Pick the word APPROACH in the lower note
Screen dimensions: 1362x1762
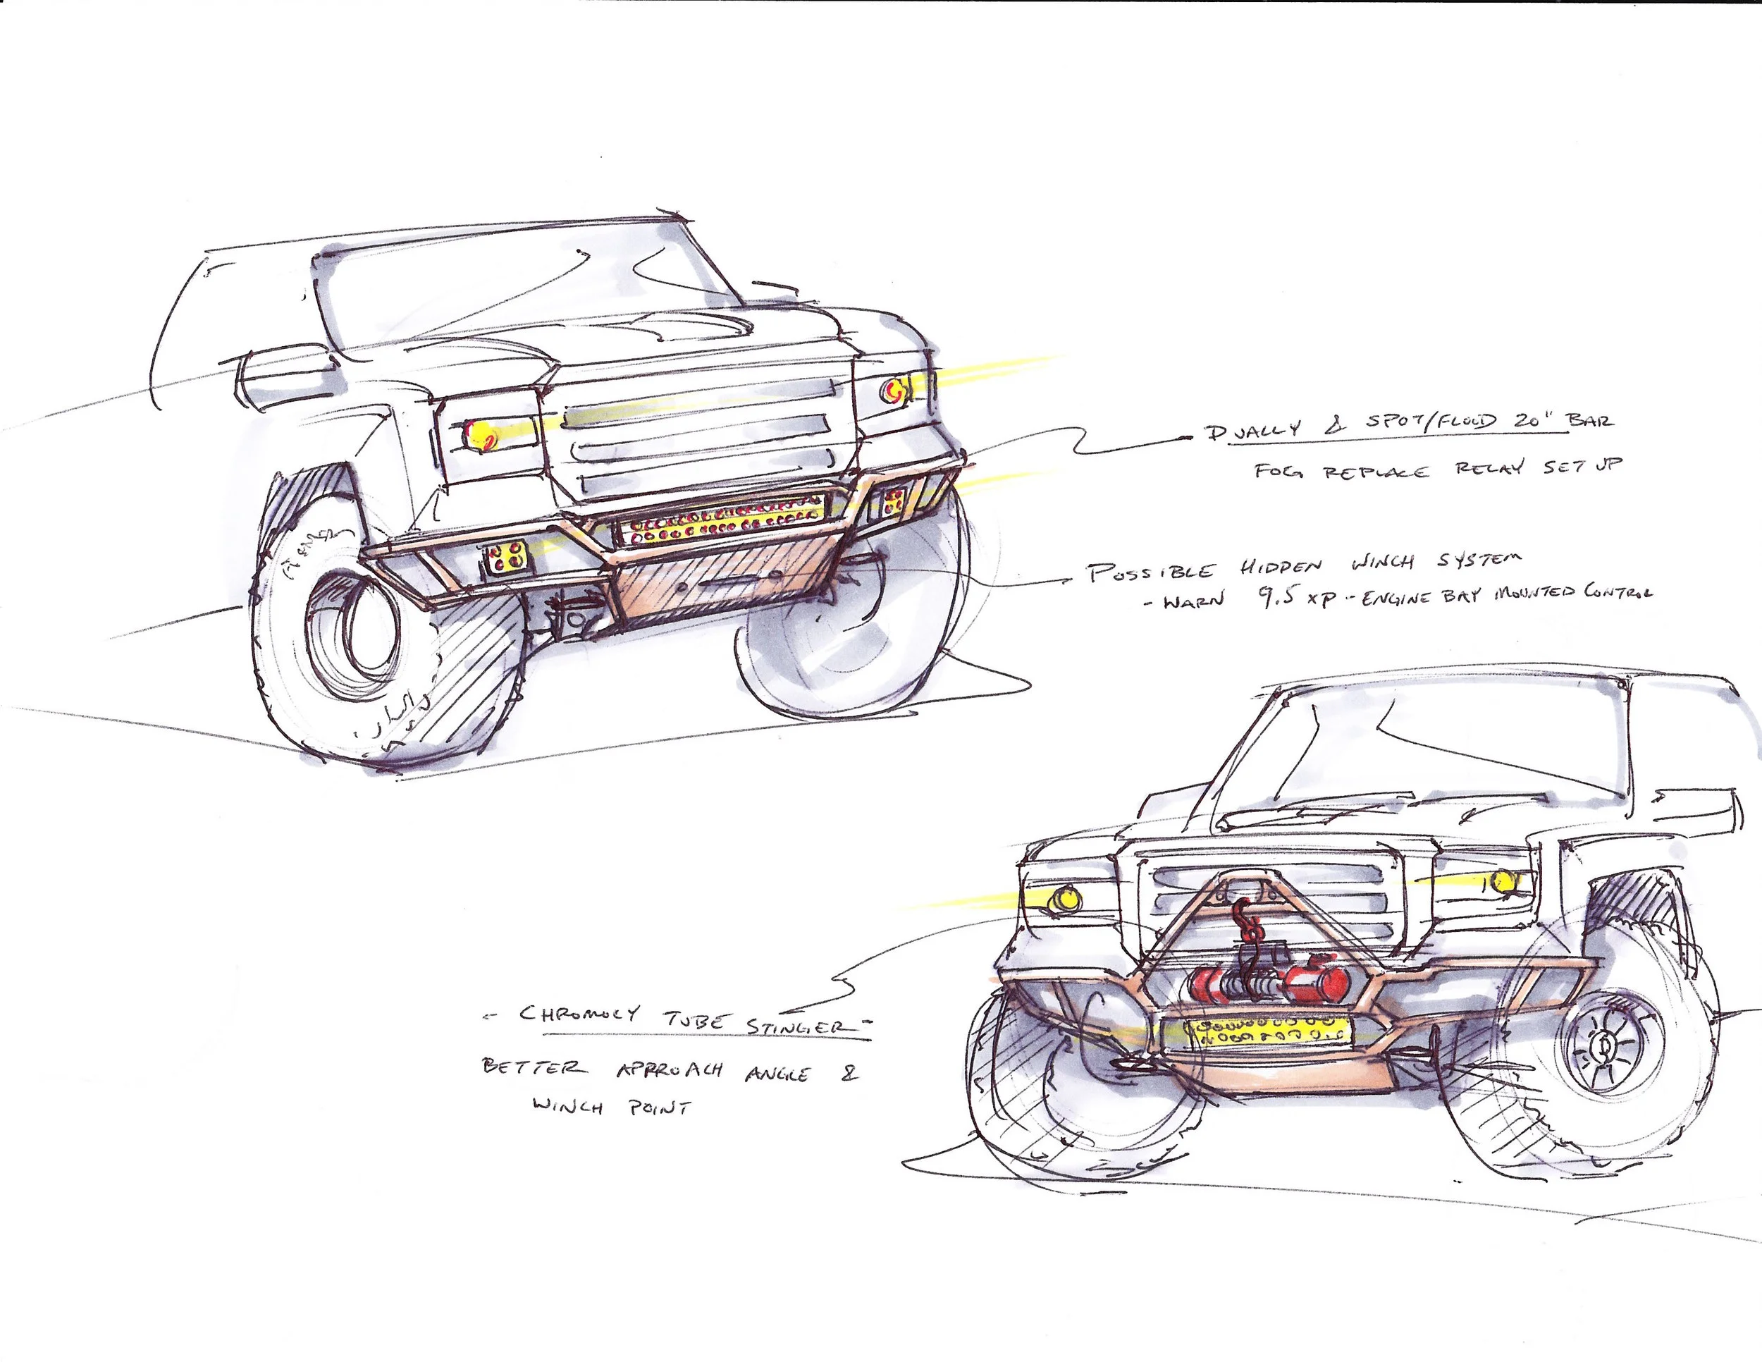pyautogui.click(x=670, y=1071)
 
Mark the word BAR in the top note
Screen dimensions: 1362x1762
pyautogui.click(x=1589, y=420)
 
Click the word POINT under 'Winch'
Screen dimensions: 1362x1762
pyautogui.click(x=659, y=1108)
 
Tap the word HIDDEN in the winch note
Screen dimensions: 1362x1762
pyautogui.click(x=1281, y=567)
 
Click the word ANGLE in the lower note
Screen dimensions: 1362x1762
pyautogui.click(x=777, y=1074)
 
